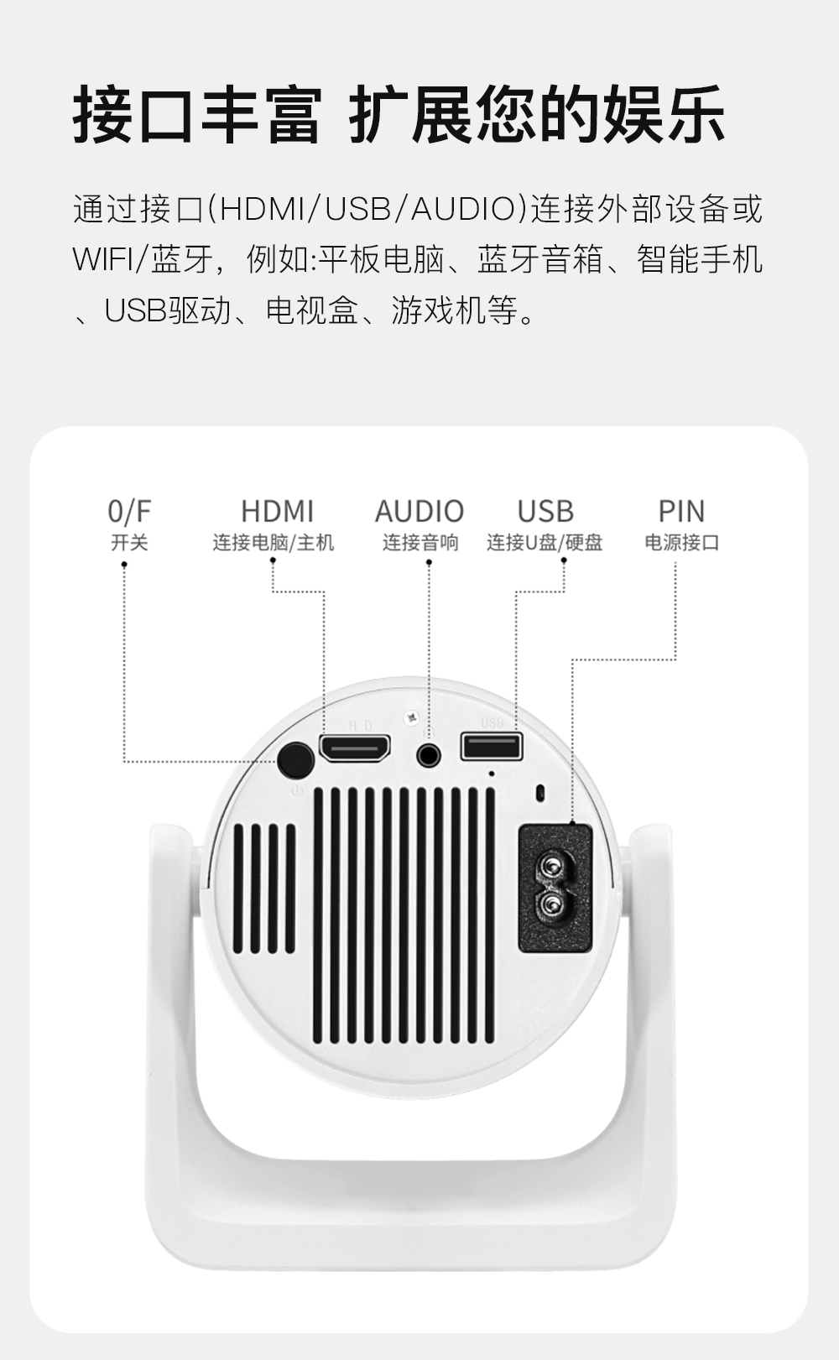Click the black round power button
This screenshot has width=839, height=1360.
[295, 759]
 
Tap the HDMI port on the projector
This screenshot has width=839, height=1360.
[355, 748]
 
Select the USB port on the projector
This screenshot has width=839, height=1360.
[492, 746]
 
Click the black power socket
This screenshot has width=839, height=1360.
[555, 888]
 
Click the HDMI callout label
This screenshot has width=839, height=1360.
[278, 511]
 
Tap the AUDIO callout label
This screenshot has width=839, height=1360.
[419, 511]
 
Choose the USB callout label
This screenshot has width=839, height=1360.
[545, 511]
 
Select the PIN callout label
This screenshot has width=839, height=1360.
[682, 511]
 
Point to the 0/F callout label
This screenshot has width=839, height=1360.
[129, 511]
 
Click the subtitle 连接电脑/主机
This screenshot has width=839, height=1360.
[274, 542]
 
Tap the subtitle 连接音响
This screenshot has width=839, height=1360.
[420, 542]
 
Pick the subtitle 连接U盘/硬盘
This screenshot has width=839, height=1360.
[545, 542]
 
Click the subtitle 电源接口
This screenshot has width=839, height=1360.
[682, 542]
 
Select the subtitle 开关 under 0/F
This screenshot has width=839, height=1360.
[129, 542]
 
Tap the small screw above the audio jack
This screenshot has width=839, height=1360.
[412, 718]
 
